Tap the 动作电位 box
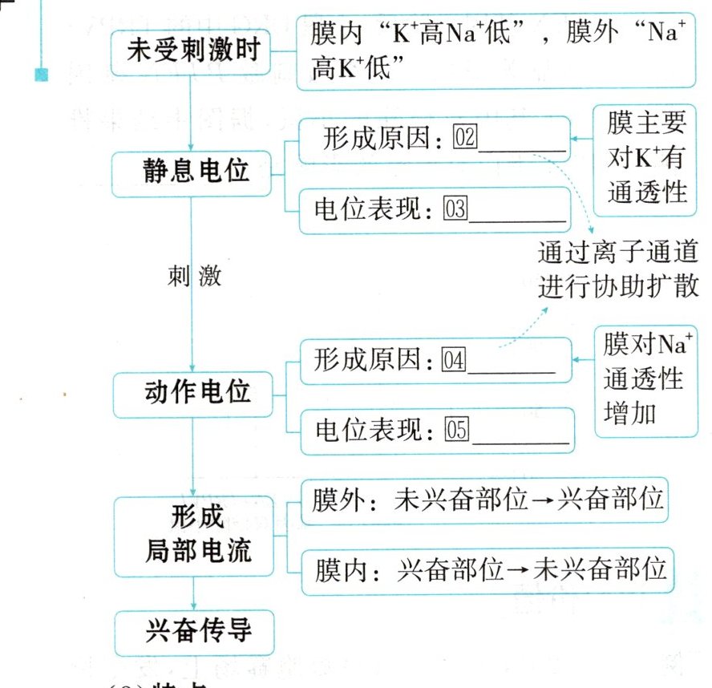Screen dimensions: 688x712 pyautogui.click(x=192, y=392)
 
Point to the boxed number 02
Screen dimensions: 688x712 pyautogui.click(x=465, y=138)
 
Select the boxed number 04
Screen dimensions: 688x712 pyautogui.click(x=453, y=361)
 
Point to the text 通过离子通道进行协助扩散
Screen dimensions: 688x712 pyautogui.click(x=617, y=270)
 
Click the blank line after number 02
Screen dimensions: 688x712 pyautogui.click(x=523, y=146)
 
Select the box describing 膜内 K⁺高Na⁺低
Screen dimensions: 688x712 pyautogui.click(x=495, y=52)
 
